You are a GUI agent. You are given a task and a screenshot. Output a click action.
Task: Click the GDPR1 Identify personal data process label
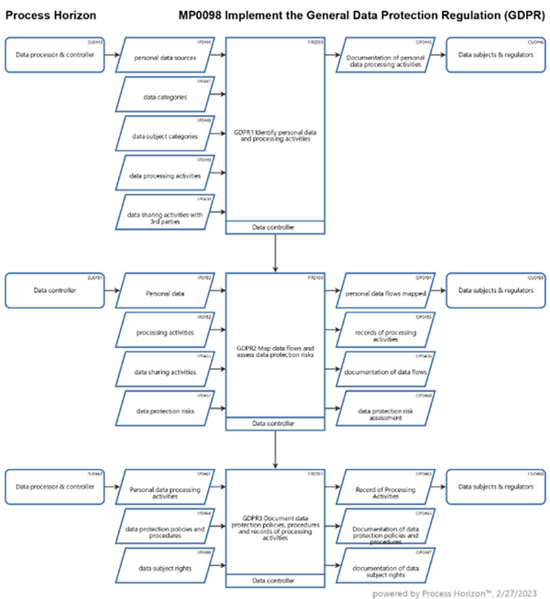[x=275, y=136]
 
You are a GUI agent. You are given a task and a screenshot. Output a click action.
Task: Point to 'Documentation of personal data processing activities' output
[x=385, y=57]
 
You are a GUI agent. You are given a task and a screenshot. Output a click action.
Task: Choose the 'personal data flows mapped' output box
[x=385, y=292]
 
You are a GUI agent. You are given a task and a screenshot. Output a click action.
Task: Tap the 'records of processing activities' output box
[x=385, y=332]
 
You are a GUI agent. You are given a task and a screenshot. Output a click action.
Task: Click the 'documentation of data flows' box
[x=385, y=371]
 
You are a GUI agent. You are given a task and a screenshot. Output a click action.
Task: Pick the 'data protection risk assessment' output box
[x=385, y=409]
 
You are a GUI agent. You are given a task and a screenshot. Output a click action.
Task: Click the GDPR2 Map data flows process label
[x=275, y=351]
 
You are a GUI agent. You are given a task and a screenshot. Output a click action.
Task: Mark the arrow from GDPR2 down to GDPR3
[x=275, y=449]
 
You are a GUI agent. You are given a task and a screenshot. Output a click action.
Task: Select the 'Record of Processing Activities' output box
[x=385, y=487]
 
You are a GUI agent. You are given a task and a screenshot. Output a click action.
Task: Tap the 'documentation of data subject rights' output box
[x=385, y=567]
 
